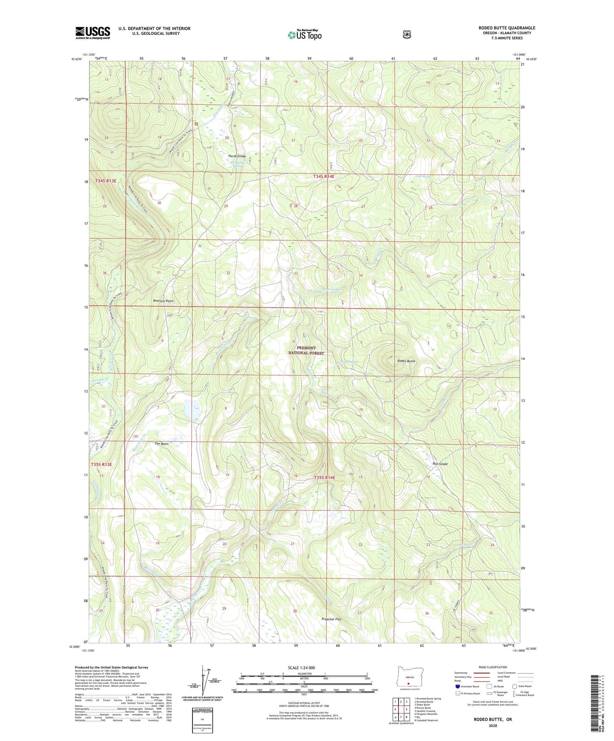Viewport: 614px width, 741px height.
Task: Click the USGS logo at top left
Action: click(x=93, y=33)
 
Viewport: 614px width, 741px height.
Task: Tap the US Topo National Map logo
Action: click(x=304, y=34)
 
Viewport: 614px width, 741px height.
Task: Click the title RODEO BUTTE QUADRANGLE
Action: click(x=506, y=28)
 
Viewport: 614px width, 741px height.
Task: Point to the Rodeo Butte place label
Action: click(x=406, y=361)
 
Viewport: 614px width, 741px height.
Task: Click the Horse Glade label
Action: click(x=237, y=156)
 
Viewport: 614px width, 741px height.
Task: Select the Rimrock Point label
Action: click(x=164, y=301)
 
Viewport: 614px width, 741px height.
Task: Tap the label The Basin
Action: click(x=161, y=444)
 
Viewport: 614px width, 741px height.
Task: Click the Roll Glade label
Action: click(x=440, y=464)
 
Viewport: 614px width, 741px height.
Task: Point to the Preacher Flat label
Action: click(x=331, y=619)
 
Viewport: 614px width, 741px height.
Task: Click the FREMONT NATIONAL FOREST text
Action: click(x=306, y=351)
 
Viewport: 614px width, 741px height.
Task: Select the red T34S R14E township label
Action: click(x=324, y=176)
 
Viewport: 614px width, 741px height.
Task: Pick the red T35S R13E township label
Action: click(x=101, y=464)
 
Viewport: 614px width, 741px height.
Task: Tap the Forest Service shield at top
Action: click(x=407, y=34)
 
